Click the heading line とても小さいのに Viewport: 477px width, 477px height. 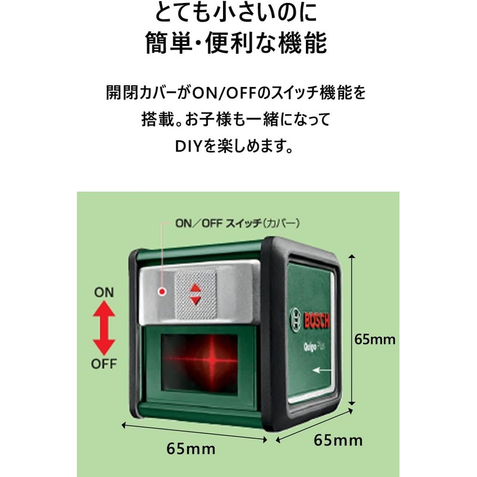pyautogui.click(x=237, y=13)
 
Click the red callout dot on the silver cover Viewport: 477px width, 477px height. pyautogui.click(x=161, y=292)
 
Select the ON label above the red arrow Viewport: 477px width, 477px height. pyautogui.click(x=104, y=293)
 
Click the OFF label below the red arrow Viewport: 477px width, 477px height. pyautogui.click(x=104, y=363)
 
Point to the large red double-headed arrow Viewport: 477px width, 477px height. pyautogui.click(x=104, y=328)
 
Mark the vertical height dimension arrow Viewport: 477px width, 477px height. pyautogui.click(x=353, y=329)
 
